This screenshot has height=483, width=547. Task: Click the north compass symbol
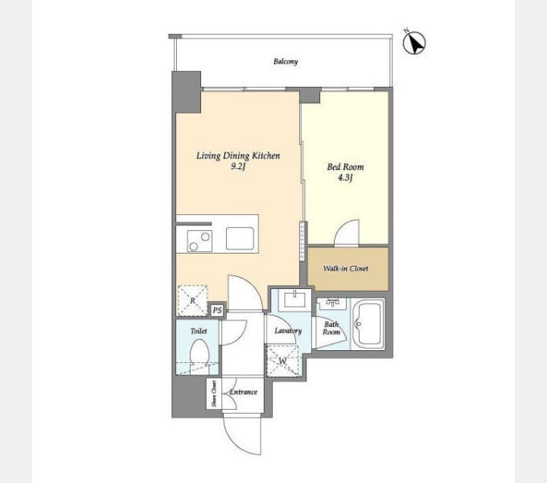pyautogui.click(x=414, y=43)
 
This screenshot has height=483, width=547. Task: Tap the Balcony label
pyautogui.click(x=286, y=62)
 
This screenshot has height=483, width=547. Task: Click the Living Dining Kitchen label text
pyautogui.click(x=238, y=155)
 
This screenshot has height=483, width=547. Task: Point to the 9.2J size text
pyautogui.click(x=238, y=167)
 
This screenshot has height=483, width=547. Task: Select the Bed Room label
pyautogui.click(x=345, y=167)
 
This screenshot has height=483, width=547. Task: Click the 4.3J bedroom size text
pyautogui.click(x=345, y=178)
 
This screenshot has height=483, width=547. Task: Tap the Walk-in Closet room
pyautogui.click(x=348, y=269)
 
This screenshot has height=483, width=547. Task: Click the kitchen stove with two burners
pyautogui.click(x=199, y=241)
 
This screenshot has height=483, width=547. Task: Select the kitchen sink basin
pyautogui.click(x=240, y=239)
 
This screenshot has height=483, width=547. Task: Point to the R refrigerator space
pyautogui.click(x=192, y=300)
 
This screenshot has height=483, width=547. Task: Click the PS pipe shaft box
pyautogui.click(x=217, y=310)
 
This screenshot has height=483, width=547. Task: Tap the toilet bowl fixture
pyautogui.click(x=199, y=353)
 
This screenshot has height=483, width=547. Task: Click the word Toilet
pyautogui.click(x=199, y=331)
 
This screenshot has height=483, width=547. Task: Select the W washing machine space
pyautogui.click(x=282, y=361)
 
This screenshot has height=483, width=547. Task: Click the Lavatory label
pyautogui.click(x=288, y=331)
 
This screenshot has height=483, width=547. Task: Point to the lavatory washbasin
pyautogui.click(x=294, y=299)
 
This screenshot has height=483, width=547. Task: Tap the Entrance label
pyautogui.click(x=244, y=392)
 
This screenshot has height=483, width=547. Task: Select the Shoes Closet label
pyautogui.click(x=214, y=394)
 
